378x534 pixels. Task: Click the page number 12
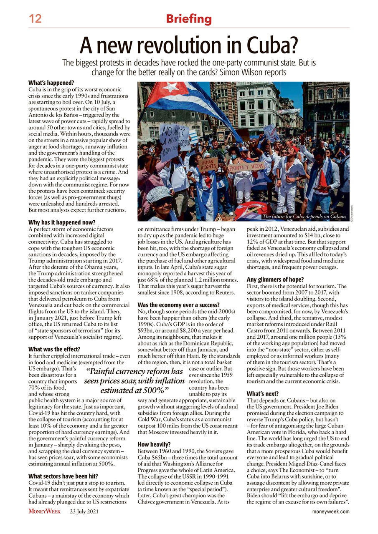point(35,18)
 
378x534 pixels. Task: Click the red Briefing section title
point(189,19)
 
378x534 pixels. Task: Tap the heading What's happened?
point(51,83)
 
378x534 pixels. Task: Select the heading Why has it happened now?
point(62,222)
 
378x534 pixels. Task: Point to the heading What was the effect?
point(54,349)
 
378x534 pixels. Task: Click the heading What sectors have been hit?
point(63,476)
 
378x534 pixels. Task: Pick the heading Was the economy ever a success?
point(179,305)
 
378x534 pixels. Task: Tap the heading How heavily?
point(153,444)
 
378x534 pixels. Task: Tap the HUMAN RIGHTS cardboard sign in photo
point(208,164)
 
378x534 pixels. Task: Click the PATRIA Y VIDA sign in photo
point(246,167)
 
